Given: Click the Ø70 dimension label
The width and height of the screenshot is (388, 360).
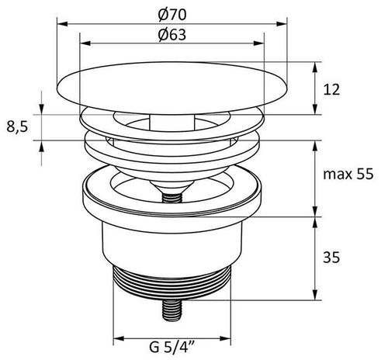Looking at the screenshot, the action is coord(172,15).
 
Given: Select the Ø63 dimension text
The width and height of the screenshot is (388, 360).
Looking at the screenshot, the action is coord(172,34).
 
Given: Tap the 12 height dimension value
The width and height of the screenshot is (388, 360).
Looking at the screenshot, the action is coord(331,90).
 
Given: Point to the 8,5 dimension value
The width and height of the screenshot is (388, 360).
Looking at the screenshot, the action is coord(17,127).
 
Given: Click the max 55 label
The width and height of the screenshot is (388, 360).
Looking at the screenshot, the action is coord(348,174).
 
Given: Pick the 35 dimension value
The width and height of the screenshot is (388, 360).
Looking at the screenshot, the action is coord(331,258).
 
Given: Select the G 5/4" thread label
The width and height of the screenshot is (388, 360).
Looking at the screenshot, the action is coord(172,347).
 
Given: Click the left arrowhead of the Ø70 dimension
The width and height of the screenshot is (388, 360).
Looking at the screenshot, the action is coord(62,24).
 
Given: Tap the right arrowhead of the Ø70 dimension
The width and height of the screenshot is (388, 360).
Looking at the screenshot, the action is coord(282,24).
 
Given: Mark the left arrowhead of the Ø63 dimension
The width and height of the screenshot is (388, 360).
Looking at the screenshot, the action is coord(85,43).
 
